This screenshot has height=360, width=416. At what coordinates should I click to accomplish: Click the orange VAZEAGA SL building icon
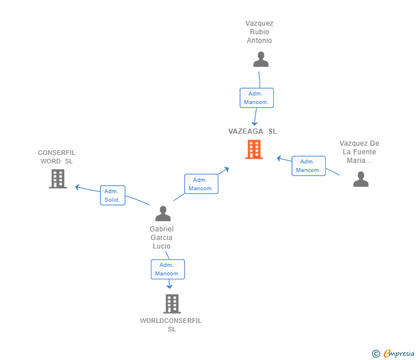coord(254,150)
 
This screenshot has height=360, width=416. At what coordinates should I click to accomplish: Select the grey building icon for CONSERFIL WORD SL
coord(58,179)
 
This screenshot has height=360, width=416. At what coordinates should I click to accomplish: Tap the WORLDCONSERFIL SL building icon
coord(172,304)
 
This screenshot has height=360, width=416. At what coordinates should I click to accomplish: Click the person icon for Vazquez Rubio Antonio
coord(261,59)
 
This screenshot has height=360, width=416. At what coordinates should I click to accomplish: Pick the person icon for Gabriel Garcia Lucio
coord(163,214)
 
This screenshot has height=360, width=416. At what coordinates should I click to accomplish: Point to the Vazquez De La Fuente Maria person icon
coord(361,179)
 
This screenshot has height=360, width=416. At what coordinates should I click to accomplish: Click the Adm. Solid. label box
coord(113,195)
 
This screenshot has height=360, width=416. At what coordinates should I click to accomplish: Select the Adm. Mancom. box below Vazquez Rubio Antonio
coord(257,98)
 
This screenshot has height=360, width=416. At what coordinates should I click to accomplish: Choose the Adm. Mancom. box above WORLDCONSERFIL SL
coord(167,269)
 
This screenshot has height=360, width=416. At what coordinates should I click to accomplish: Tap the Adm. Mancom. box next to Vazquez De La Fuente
coord(309,166)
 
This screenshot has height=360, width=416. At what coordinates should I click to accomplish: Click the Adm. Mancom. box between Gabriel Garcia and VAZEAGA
coord(201,184)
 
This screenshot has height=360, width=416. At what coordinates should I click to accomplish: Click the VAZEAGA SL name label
coord(253,131)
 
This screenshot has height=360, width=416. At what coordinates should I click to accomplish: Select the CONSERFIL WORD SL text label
coord(57,157)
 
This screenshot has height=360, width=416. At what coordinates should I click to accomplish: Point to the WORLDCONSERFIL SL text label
coord(171,325)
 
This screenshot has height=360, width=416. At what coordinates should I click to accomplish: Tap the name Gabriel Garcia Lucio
coord(162,238)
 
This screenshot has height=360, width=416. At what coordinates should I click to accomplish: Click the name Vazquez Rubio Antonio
coord(259,32)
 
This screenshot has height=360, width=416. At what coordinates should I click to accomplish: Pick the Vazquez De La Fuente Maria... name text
coord(359,152)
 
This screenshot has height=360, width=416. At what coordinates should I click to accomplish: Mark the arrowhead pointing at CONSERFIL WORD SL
coord(77,187)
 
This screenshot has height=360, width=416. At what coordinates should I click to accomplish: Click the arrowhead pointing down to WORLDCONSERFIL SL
coord(169,286)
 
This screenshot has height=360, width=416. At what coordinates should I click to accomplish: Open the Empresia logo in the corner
coord(393,353)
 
